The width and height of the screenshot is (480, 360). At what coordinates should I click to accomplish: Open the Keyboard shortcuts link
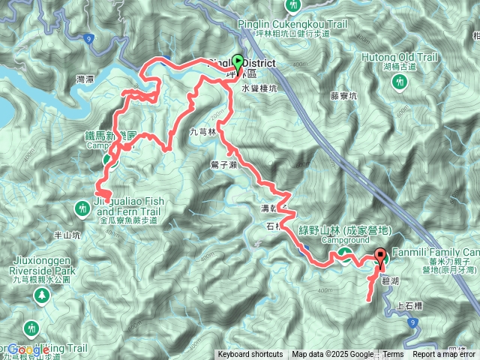[250, 355]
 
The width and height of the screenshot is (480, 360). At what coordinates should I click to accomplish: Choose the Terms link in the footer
[393, 355]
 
